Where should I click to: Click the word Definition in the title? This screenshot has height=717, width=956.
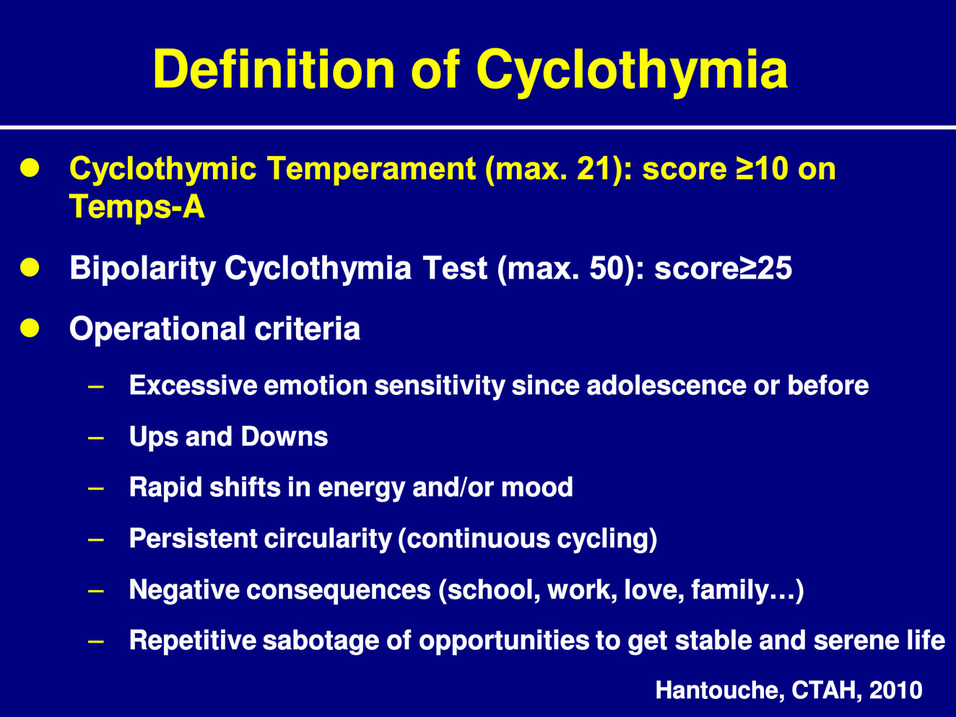pos(274,69)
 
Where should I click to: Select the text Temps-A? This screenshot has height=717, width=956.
pos(136,207)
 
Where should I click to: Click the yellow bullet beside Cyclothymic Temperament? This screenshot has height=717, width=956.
pos(30,168)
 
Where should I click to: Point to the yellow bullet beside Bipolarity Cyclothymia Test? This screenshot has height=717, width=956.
pos(30,267)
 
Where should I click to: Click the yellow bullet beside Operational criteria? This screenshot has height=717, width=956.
pos(30,328)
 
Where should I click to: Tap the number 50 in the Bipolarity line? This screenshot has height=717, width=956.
pos(608,268)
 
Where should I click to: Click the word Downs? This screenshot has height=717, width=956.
pos(284,437)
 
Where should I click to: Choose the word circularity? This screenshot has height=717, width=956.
pos(328,539)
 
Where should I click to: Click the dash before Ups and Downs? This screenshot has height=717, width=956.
pos(96,437)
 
